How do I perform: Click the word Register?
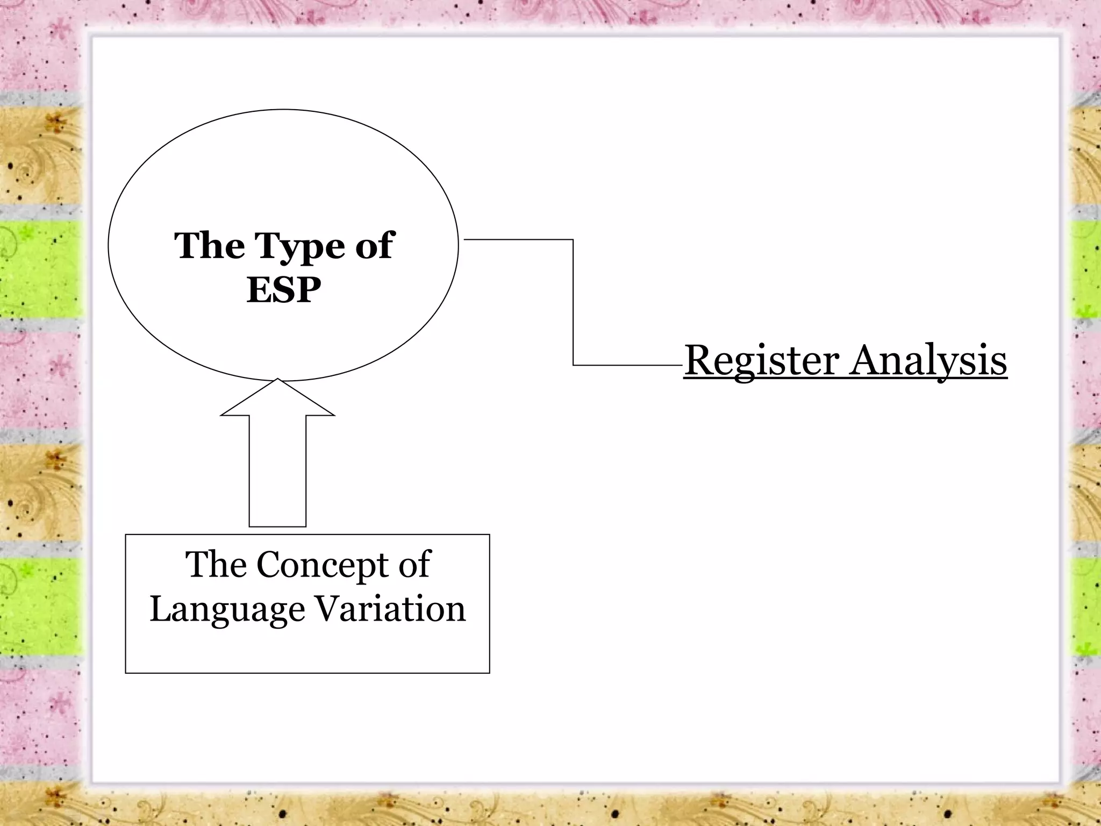(761, 361)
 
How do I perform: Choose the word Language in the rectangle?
(227, 610)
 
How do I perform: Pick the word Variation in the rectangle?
(390, 609)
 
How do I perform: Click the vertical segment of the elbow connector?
(573, 302)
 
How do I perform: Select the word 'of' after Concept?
(414, 564)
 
